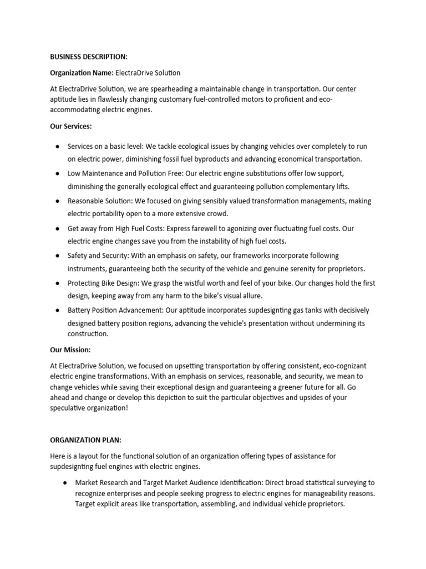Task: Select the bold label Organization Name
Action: (81, 73)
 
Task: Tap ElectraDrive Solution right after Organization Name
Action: (148, 73)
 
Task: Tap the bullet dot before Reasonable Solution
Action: (58, 201)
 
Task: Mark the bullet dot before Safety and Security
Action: (58, 256)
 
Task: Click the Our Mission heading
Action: (70, 351)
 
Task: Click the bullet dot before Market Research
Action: (65, 483)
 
